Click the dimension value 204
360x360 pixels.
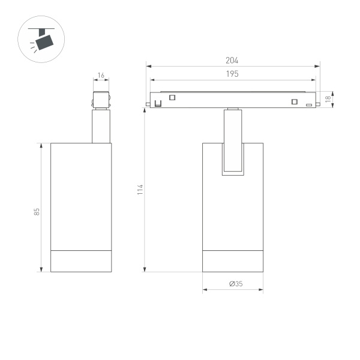pos(232,61)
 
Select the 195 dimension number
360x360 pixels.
pos(232,74)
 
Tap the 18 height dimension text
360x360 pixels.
pos(328,100)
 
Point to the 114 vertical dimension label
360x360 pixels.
pos(140,191)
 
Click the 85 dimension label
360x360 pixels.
pos(36,211)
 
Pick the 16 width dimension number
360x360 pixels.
pos(101,76)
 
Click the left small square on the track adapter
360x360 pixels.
pos(172,98)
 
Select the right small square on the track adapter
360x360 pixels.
pos(294,101)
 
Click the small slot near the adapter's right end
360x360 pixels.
pos(309,106)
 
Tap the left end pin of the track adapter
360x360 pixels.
pos(148,107)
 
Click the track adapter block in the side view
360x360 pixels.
pos(101,100)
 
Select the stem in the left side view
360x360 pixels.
pos(101,126)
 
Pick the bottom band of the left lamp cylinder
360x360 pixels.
pos(81,260)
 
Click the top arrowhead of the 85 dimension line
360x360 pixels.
pos(41,145)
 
